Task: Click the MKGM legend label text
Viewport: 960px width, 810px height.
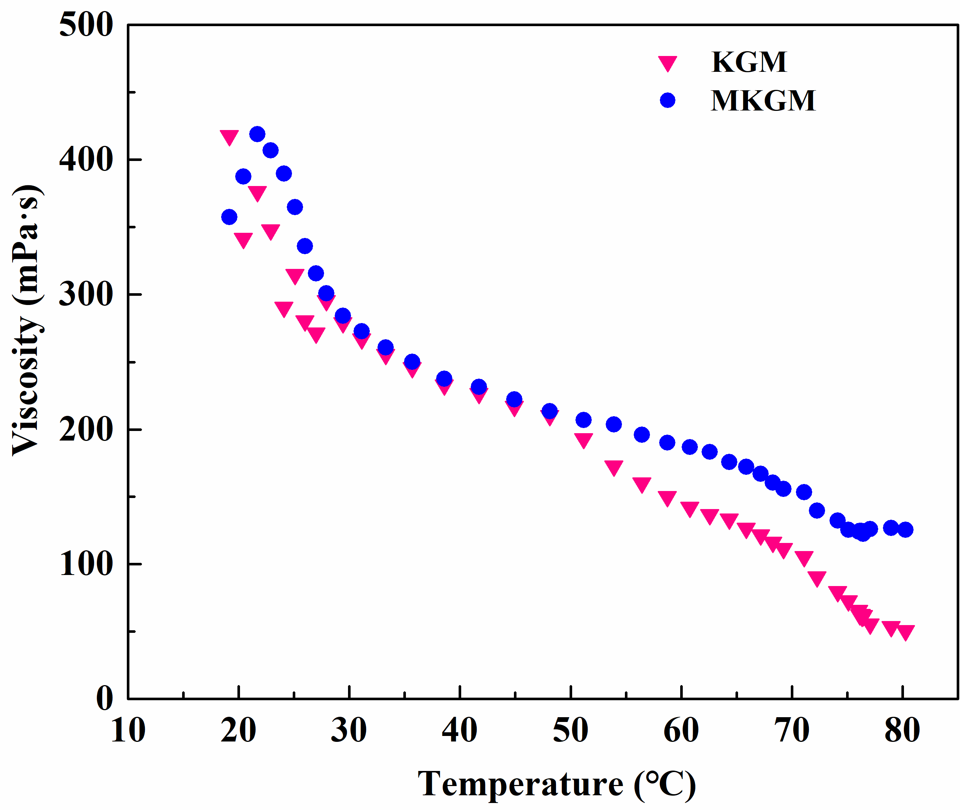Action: tap(762, 101)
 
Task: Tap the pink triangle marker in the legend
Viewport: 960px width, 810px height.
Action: tap(667, 63)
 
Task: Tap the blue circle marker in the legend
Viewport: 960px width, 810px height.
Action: tap(667, 100)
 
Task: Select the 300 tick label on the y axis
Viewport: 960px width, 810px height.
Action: tap(86, 294)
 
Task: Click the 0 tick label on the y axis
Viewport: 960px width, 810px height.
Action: tap(105, 698)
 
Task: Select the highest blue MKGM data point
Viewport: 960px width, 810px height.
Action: tap(257, 134)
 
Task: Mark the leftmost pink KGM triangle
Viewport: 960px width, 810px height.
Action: tap(229, 137)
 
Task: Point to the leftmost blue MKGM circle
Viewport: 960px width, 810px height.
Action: tap(229, 217)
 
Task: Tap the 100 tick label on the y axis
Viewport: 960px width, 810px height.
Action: tap(86, 564)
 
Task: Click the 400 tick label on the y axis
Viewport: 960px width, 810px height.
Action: tap(86, 160)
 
